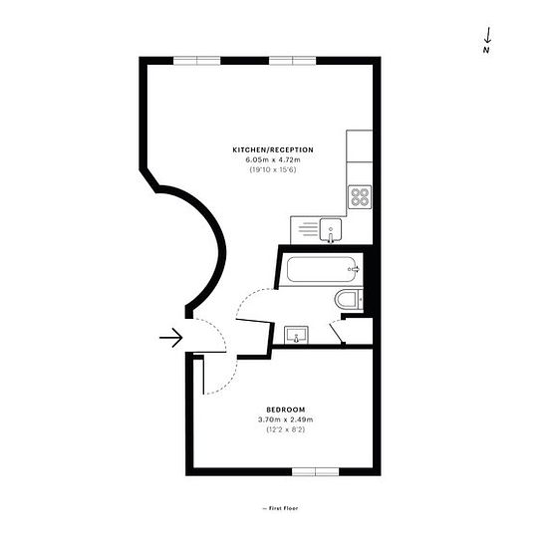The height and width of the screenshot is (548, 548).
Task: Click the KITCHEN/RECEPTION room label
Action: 273,149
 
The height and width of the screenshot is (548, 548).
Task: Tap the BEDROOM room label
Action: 286,410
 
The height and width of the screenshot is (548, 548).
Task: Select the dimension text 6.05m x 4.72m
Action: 273,160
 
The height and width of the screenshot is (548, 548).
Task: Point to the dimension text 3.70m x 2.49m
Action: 286,419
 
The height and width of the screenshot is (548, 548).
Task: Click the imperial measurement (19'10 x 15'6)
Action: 273,170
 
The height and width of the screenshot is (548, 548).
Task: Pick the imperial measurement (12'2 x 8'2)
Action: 286,429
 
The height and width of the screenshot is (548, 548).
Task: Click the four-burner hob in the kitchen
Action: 360,196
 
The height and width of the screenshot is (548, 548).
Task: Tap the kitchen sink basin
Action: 331,230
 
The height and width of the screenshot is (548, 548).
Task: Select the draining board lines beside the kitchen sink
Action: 308,229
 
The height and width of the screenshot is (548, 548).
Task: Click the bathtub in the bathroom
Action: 322,269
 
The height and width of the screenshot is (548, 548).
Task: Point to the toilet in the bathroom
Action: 349,300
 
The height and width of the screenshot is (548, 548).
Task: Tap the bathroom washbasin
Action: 296,335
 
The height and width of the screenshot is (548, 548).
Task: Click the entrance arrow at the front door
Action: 171,338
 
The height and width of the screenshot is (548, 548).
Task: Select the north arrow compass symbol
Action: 488,36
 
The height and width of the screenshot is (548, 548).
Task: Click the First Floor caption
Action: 280,508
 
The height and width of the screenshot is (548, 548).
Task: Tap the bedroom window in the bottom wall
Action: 315,472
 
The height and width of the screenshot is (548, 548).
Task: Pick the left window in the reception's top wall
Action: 197,61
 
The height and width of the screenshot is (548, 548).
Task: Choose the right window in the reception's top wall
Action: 293,61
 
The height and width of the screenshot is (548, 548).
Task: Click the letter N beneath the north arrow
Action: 486,50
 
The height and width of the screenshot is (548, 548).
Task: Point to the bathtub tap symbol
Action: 354,269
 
